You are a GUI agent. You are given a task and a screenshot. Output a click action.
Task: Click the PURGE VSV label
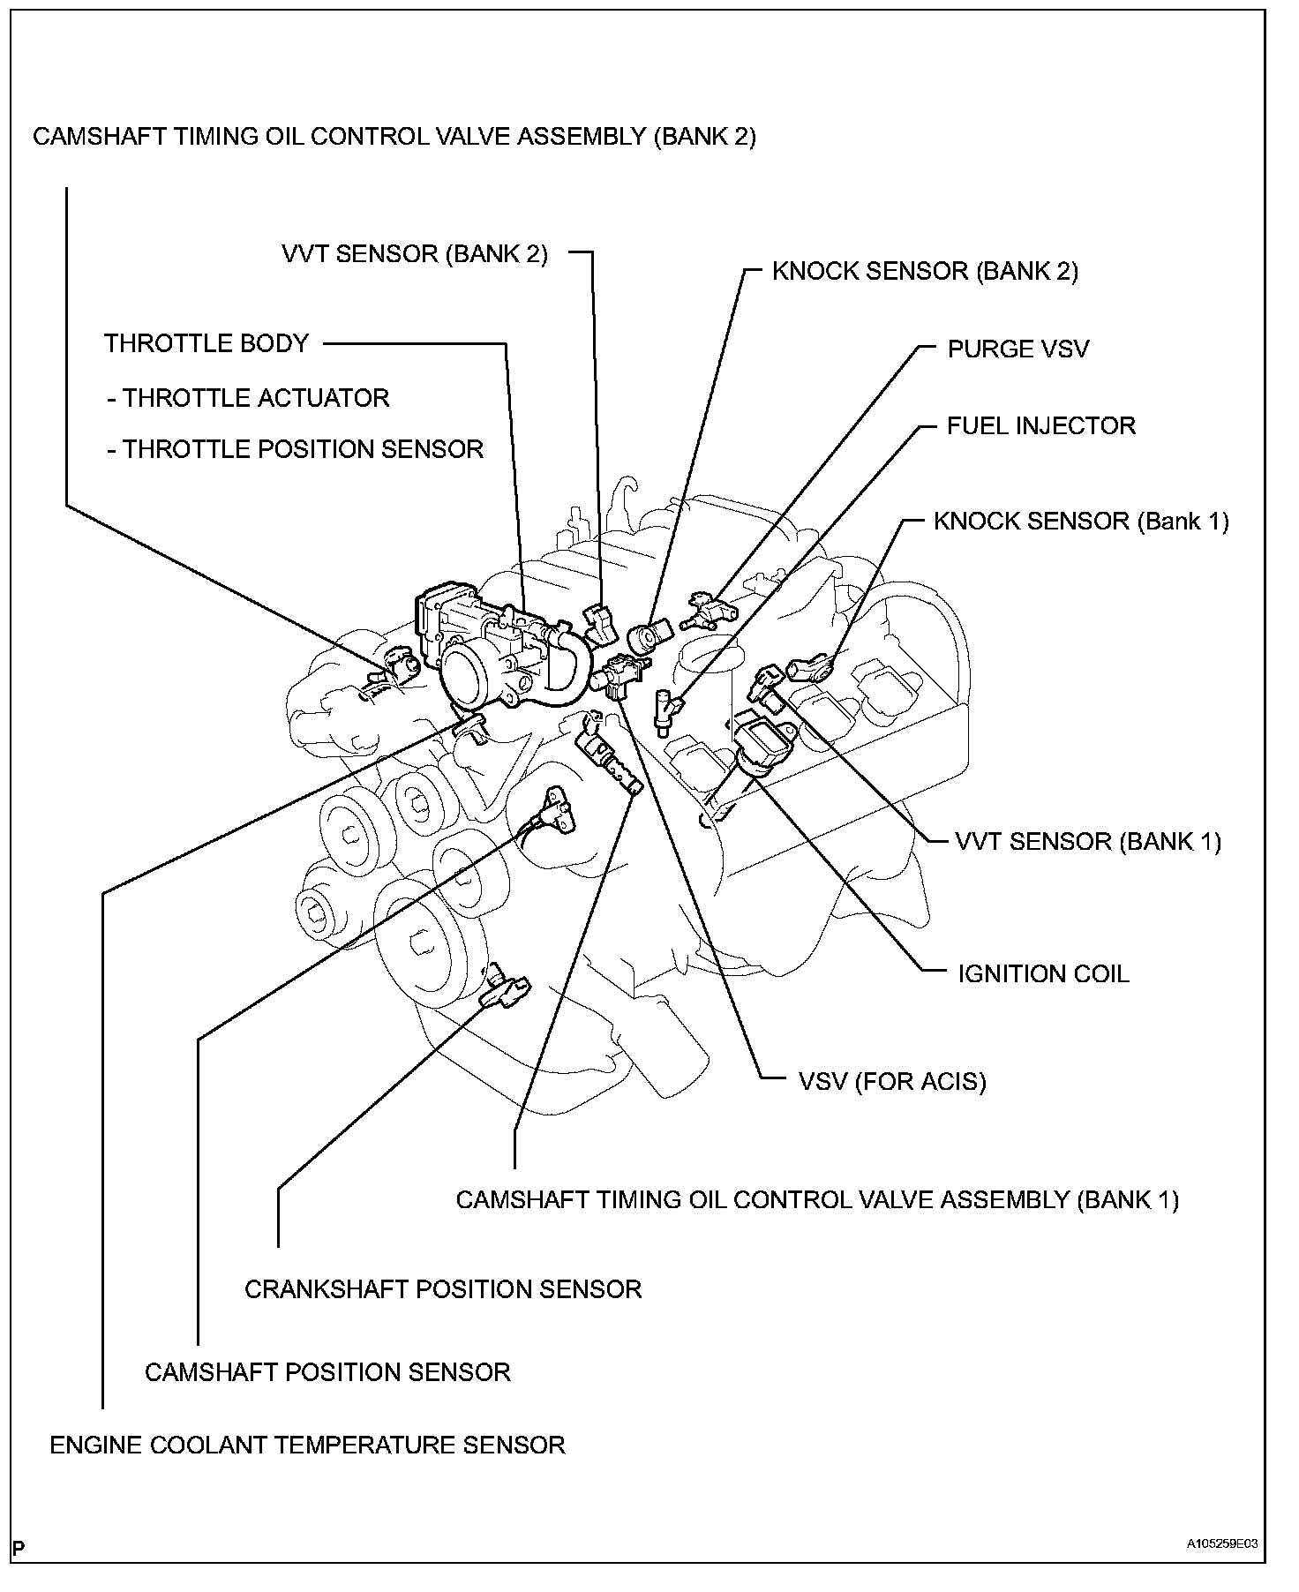pyautogui.click(x=1017, y=349)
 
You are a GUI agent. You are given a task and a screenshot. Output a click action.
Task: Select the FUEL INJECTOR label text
pyautogui.click(x=1040, y=425)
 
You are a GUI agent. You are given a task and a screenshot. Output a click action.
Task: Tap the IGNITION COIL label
pyautogui.click(x=1043, y=973)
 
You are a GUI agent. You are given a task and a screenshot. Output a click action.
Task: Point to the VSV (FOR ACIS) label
pyautogui.click(x=892, y=1081)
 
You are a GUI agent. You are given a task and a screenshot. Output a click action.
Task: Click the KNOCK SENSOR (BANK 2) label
pyautogui.click(x=925, y=271)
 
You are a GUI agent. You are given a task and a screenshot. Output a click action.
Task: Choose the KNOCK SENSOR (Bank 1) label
pyautogui.click(x=1081, y=521)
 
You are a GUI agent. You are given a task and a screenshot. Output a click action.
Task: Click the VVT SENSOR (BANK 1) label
pyautogui.click(x=1088, y=841)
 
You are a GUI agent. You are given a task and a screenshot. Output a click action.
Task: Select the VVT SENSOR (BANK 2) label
pyautogui.click(x=415, y=254)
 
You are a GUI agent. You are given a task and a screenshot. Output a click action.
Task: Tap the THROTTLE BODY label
pyautogui.click(x=206, y=342)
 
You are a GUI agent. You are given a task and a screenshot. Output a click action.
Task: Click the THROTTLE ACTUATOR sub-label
pyautogui.click(x=248, y=398)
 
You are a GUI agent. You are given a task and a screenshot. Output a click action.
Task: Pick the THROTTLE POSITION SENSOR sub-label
pyautogui.click(x=295, y=449)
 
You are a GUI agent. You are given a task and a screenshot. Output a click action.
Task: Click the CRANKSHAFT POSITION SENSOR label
pyautogui.click(x=443, y=1288)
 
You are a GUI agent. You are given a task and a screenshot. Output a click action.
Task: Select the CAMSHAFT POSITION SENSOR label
pyautogui.click(x=327, y=1372)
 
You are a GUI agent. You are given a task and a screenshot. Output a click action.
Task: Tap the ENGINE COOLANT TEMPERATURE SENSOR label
pyautogui.click(x=307, y=1445)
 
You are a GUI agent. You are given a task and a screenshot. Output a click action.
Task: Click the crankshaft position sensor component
pyautogui.click(x=506, y=989)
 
